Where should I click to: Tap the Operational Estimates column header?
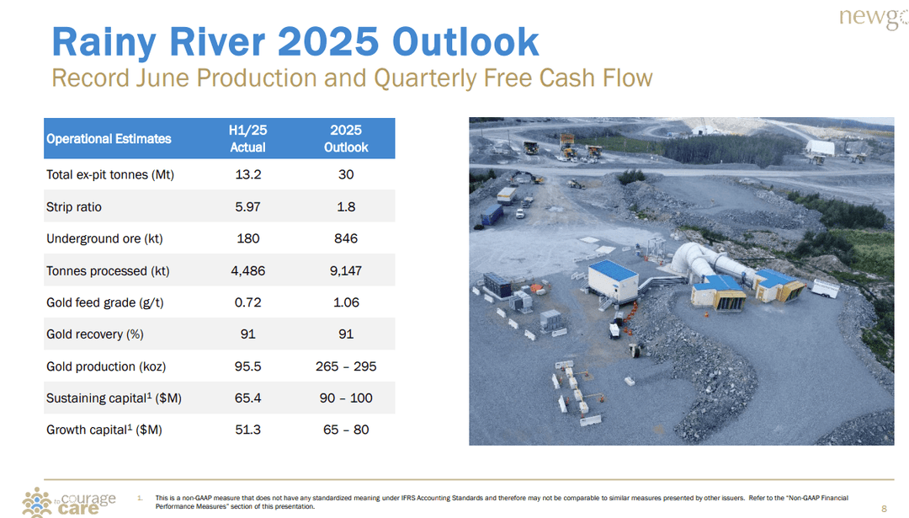tap(109, 139)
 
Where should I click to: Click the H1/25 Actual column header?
tap(247, 139)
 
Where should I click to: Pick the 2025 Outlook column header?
tap(346, 139)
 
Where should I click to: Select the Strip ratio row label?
tap(74, 207)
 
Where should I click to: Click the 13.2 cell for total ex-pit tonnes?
tap(247, 175)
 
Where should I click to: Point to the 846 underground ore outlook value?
tap(346, 239)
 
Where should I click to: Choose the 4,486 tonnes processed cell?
tap(247, 271)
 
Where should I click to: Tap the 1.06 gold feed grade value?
tap(346, 302)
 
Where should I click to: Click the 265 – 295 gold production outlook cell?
tap(346, 366)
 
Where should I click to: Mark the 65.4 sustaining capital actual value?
tap(247, 398)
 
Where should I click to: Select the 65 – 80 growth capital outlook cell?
tap(346, 430)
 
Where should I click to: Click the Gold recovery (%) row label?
tap(95, 334)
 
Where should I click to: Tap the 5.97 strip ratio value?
tap(247, 207)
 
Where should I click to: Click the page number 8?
tap(884, 508)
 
